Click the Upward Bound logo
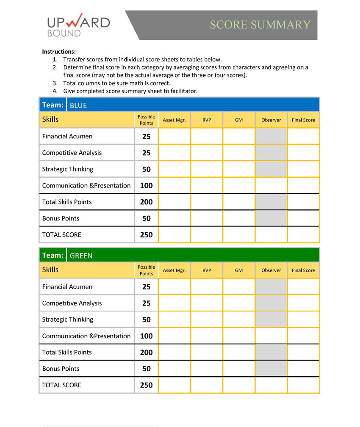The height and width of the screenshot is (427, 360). pos(78,26)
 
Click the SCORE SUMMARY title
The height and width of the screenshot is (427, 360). pos(260,25)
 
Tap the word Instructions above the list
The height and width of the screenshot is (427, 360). pos(59,52)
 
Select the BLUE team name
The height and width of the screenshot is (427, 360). pos(78,105)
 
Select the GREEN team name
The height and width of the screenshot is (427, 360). pos(81,256)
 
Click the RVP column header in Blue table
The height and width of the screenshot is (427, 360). pos(207,120)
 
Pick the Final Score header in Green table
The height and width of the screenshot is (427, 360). pos(303,270)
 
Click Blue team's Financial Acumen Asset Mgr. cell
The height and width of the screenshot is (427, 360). pos(174,136)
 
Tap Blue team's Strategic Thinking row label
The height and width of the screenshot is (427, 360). pos(67,169)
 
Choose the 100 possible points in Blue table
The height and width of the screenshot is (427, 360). pos(146,185)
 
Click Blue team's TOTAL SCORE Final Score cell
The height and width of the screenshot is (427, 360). pos(303,234)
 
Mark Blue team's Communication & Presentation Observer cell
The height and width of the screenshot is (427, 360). pos(271,185)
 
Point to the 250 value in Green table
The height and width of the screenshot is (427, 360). pos(146,385)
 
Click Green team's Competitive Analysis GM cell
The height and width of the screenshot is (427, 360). pos(239,303)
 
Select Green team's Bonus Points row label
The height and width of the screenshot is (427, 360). pos(61,369)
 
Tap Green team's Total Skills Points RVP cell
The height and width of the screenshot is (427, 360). pos(207,352)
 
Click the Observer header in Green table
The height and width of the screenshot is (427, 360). pos(271,270)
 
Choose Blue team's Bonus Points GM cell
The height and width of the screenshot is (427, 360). pos(239,218)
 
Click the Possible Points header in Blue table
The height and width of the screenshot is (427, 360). pos(146,120)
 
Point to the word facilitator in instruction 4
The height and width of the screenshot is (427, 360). pos(184,91)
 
